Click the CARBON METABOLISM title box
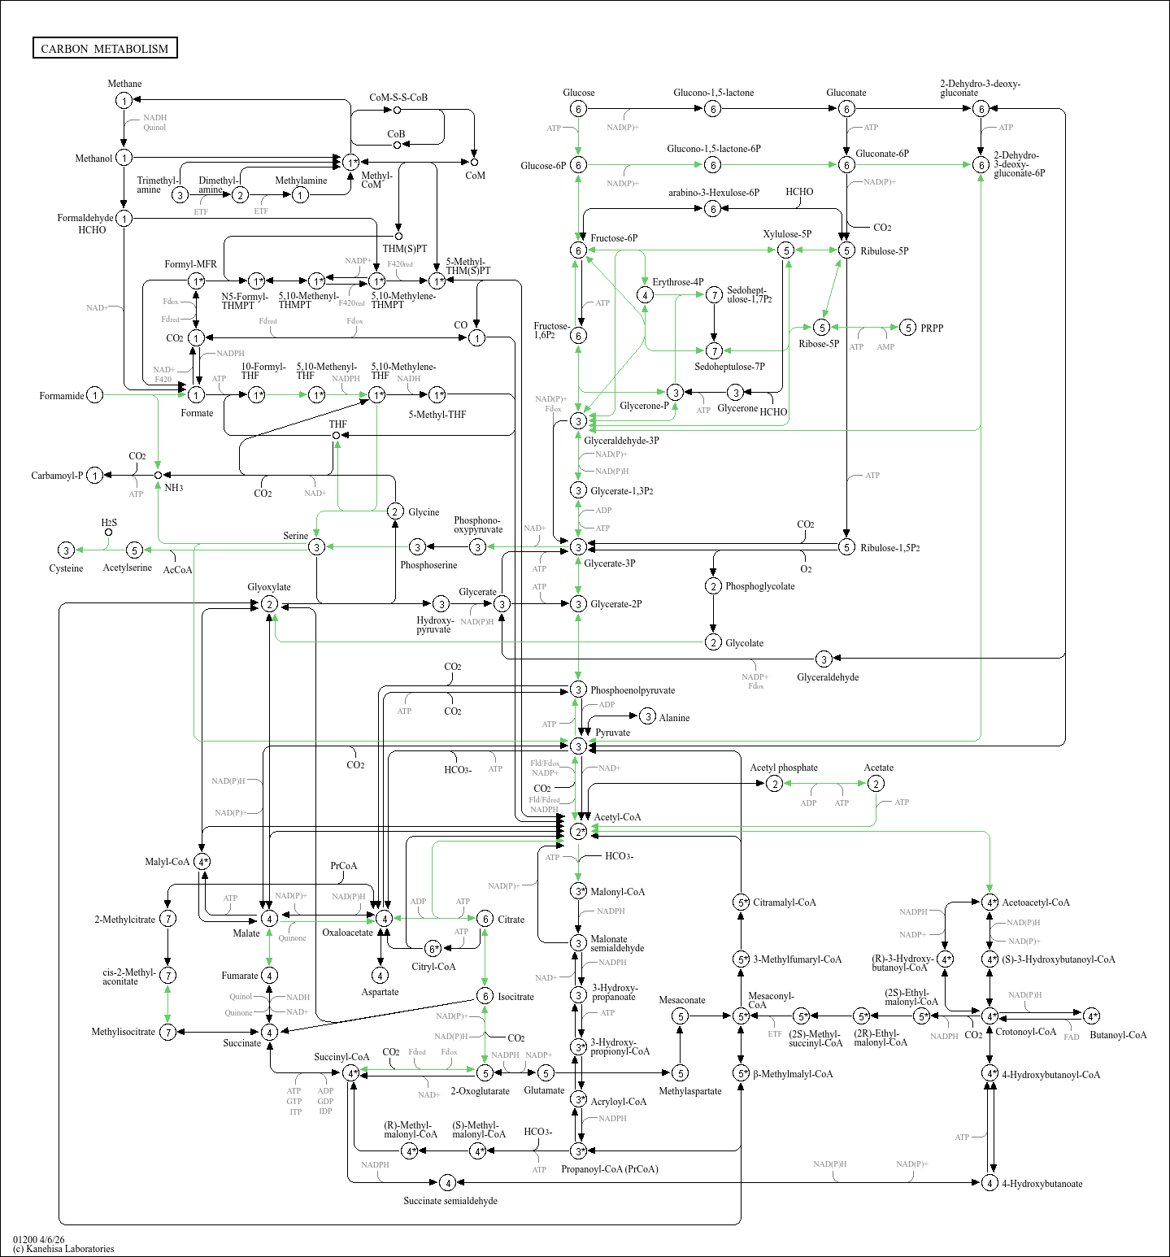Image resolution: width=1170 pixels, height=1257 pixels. [105, 48]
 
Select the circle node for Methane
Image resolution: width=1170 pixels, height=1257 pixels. [124, 100]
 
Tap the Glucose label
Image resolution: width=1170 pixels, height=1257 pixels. [578, 93]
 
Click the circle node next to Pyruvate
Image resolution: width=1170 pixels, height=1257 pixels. [578, 746]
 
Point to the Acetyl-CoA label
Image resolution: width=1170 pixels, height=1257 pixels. [617, 817]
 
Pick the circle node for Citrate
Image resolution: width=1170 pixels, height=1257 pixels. [485, 919]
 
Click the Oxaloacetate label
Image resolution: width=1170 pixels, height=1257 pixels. [347, 933]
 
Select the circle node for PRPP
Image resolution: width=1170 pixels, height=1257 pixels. [908, 328]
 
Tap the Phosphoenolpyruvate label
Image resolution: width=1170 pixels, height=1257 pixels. [632, 690]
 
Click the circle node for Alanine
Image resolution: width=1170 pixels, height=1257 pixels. [647, 716]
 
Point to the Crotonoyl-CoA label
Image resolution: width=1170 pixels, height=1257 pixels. [1025, 1032]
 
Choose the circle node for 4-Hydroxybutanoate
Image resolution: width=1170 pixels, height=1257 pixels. [989, 1183]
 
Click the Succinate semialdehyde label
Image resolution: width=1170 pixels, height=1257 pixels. [450, 1201]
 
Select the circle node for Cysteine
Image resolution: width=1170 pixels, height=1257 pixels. [67, 550]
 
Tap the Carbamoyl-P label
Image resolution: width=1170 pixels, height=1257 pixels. [57, 476]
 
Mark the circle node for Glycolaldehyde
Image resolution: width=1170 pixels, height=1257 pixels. [824, 659]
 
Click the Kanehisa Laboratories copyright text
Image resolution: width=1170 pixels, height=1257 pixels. [63, 1249]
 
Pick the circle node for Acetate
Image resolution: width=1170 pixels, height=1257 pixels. [876, 783]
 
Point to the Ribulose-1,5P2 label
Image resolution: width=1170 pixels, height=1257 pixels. [890, 548]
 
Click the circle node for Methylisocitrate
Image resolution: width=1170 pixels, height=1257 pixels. [167, 1032]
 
